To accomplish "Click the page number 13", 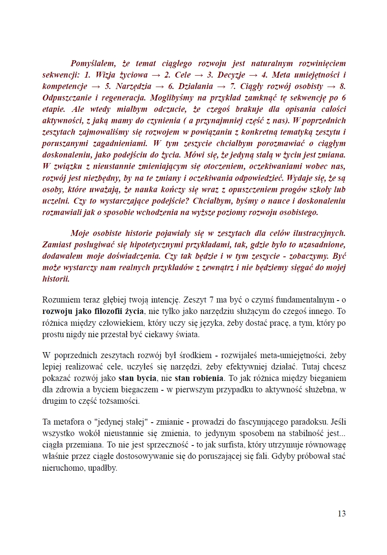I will click(341, 513).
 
